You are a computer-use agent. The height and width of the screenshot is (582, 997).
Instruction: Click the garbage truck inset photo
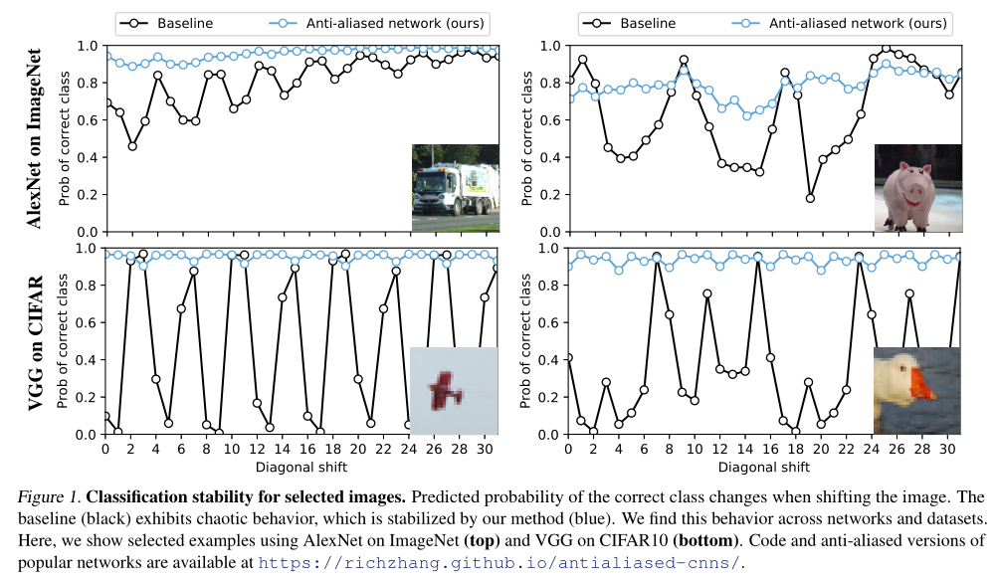click(x=455, y=188)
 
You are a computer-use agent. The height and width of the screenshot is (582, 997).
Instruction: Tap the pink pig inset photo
click(x=916, y=188)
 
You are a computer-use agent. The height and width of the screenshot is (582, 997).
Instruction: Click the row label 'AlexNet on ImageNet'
click(x=33, y=138)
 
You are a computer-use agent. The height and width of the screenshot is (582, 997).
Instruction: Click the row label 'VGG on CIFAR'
click(x=33, y=341)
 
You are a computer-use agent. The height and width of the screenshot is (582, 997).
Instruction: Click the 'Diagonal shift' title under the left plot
click(x=300, y=466)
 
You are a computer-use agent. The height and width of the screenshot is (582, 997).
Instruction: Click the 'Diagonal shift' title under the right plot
click(x=763, y=466)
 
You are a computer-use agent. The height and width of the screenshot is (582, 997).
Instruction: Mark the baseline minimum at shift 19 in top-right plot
click(x=810, y=198)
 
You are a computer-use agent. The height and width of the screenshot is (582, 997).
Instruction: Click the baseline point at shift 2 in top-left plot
click(x=131, y=146)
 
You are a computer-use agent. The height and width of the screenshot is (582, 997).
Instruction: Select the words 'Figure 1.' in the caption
click(x=47, y=496)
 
